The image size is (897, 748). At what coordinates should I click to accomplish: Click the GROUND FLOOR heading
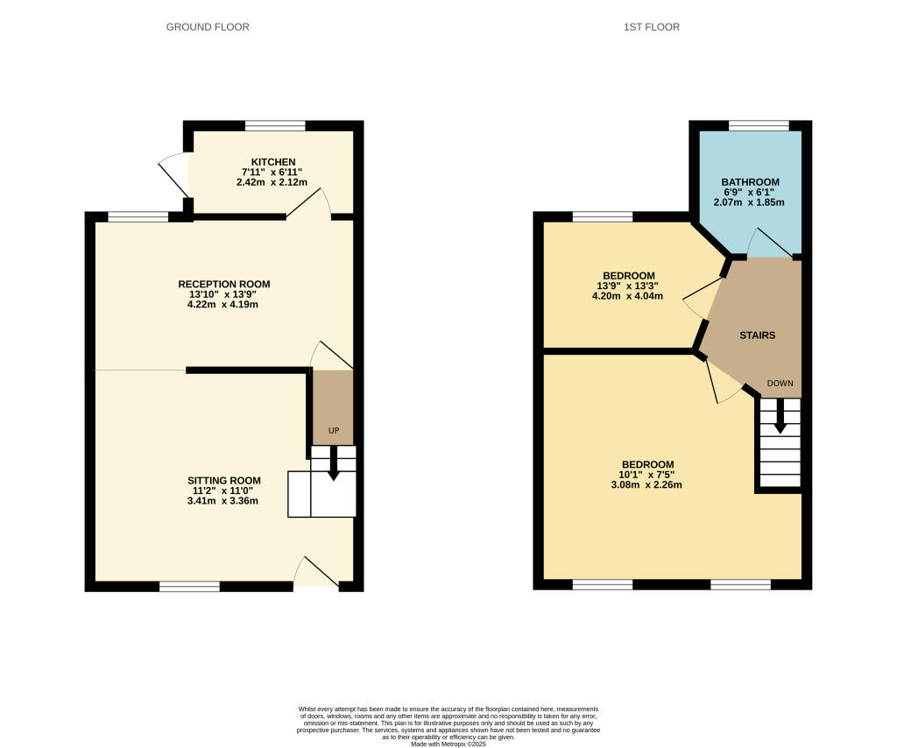[208, 27]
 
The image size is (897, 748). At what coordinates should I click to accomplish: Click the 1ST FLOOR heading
[651, 27]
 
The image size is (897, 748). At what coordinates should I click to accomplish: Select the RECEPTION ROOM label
[223, 285]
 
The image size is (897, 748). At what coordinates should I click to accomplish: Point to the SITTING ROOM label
[223, 481]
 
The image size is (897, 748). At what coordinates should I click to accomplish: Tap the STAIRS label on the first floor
[757, 335]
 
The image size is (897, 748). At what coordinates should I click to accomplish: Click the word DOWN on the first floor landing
[780, 384]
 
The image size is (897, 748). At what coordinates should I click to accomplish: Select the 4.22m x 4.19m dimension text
[223, 305]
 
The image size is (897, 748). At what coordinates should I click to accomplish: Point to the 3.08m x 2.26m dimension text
[647, 485]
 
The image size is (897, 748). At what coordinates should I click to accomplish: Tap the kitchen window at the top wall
[275, 126]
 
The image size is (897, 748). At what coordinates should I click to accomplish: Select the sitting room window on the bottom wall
[189, 586]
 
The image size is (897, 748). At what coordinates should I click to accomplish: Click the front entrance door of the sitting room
[315, 575]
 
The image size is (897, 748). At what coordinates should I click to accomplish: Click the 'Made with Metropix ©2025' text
[448, 744]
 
